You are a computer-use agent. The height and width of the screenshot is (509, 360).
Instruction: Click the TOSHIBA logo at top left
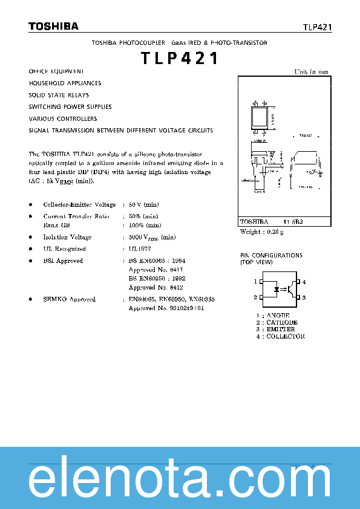click(x=53, y=26)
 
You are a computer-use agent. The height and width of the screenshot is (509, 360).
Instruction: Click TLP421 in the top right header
click(x=317, y=27)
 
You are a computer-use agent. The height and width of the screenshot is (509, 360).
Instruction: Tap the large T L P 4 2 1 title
click(x=180, y=59)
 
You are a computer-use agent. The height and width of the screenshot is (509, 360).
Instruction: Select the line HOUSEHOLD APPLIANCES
click(x=65, y=83)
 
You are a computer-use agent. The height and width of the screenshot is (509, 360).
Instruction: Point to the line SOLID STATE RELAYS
click(x=59, y=95)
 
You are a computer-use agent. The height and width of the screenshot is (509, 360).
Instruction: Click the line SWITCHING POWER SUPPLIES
click(x=70, y=107)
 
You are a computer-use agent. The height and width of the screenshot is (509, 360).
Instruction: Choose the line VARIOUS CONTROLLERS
click(x=63, y=118)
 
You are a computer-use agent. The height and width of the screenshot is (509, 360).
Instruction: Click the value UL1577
click(x=141, y=248)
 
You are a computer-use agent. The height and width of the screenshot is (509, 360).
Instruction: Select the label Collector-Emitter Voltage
click(x=79, y=205)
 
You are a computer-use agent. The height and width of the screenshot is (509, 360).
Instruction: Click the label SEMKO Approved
click(x=69, y=299)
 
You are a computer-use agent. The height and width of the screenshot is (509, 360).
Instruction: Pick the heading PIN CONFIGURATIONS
click(x=271, y=256)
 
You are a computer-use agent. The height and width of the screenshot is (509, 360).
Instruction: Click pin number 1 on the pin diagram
click(x=255, y=282)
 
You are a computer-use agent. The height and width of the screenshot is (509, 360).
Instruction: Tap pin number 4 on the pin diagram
click(x=304, y=282)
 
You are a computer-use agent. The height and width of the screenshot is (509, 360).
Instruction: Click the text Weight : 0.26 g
click(x=262, y=232)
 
